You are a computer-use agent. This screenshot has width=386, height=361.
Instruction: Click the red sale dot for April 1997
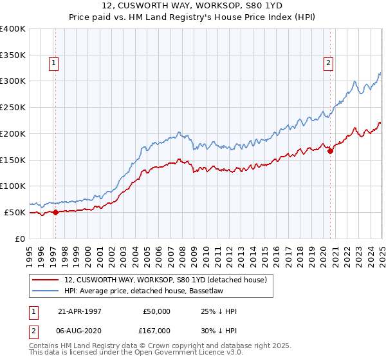pyautogui.click(x=55, y=211)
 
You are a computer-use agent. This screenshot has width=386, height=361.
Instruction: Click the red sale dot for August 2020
pyautogui.click(x=330, y=151)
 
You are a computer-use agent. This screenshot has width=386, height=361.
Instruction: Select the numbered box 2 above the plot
pyautogui.click(x=327, y=63)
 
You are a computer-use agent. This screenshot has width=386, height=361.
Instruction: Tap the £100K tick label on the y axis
pyautogui.click(x=12, y=186)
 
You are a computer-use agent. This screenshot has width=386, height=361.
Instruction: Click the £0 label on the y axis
pyautogui.click(x=21, y=238)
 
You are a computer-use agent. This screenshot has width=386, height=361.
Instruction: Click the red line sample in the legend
pyautogui.click(x=46, y=279)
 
